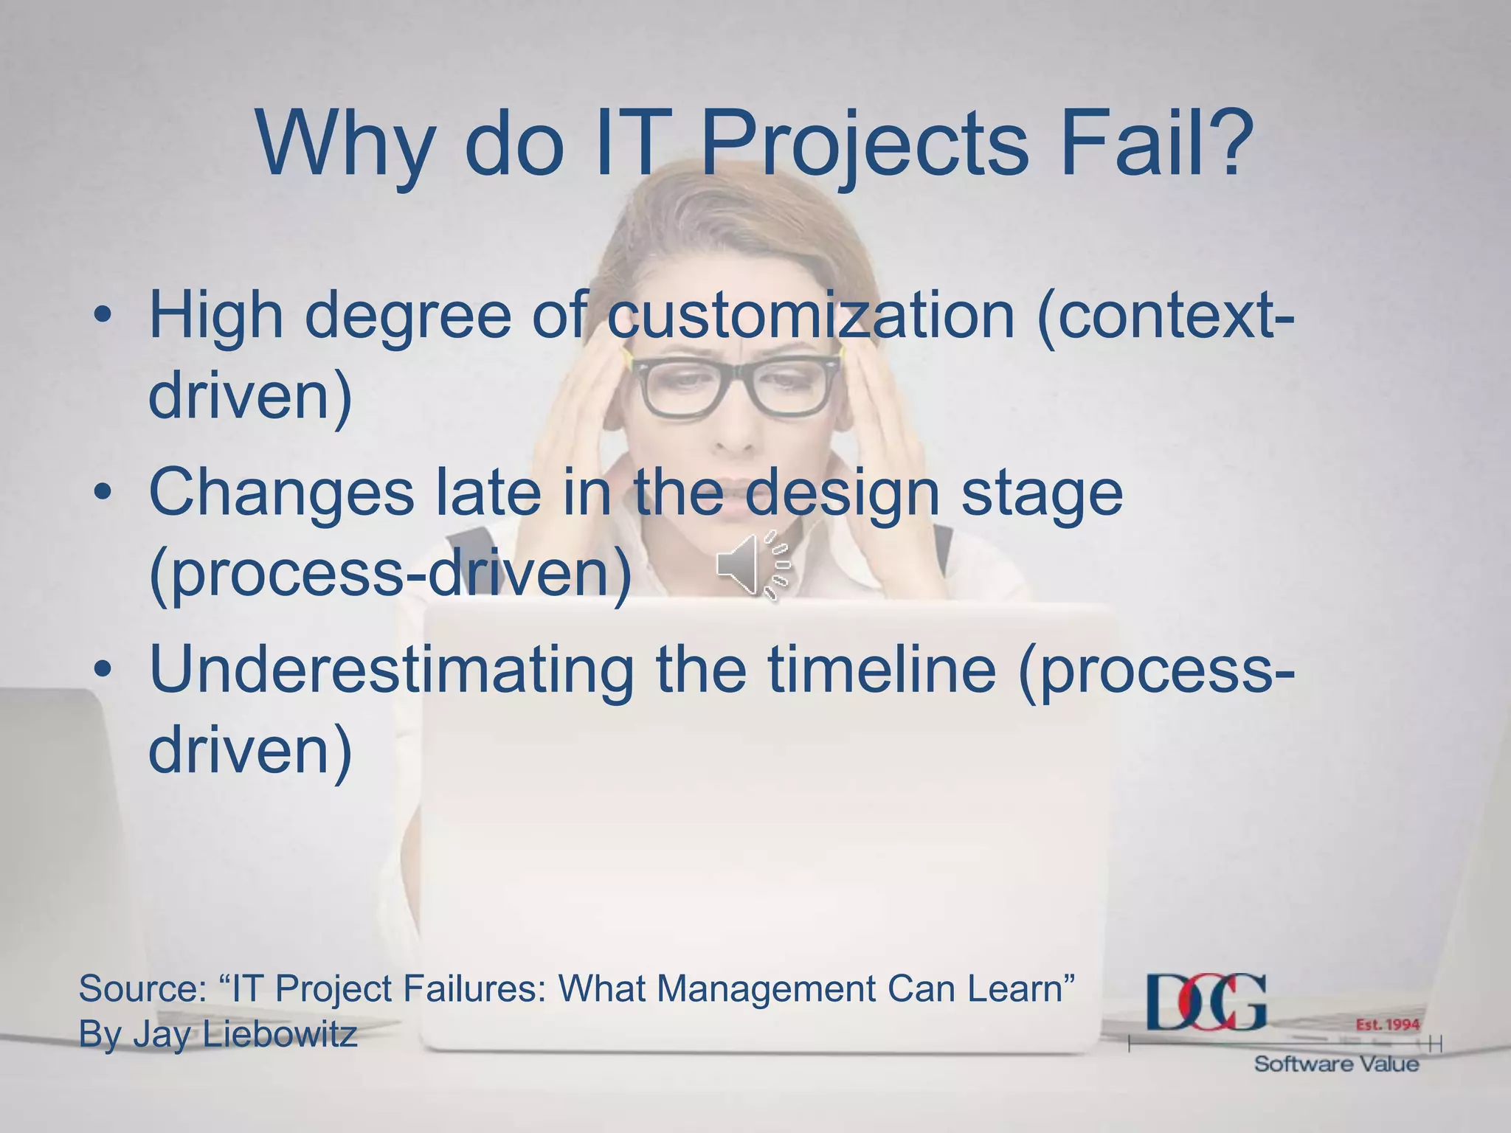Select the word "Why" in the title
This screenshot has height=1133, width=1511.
point(343,144)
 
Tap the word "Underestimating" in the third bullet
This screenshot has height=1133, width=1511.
point(391,670)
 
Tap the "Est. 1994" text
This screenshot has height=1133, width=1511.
point(1387,1025)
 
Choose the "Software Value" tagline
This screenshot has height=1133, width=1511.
point(1336,1064)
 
